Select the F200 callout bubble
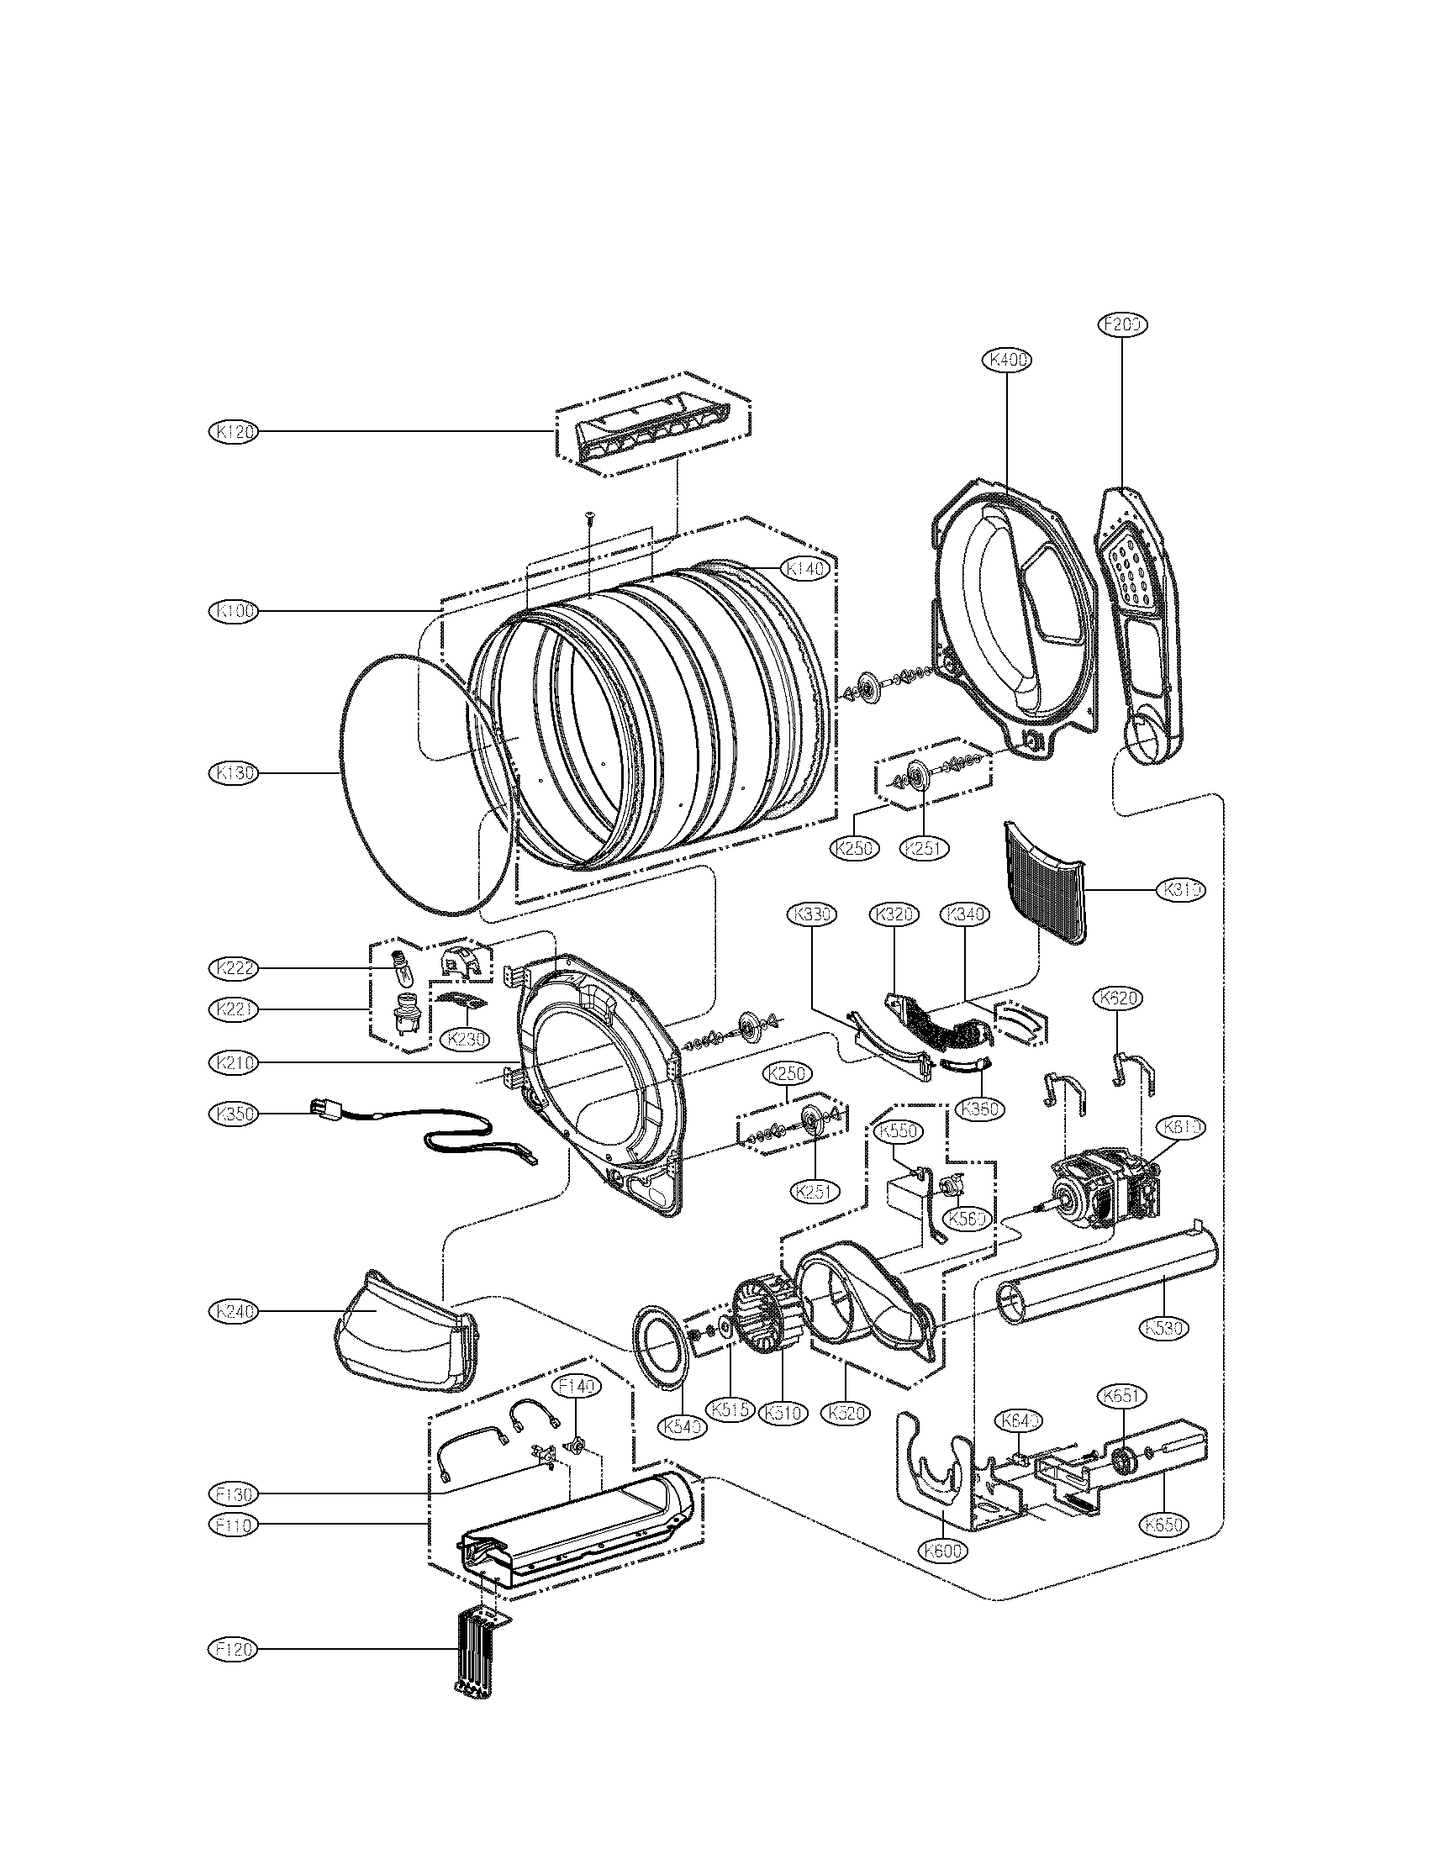pyautogui.click(x=1123, y=324)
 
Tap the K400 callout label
pyautogui.click(x=1007, y=360)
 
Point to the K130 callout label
pyautogui.click(x=233, y=772)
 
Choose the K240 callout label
pyautogui.click(x=233, y=1311)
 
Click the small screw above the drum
pyautogui.click(x=588, y=517)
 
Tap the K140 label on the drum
pyautogui.click(x=805, y=570)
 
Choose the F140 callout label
pyautogui.click(x=575, y=1386)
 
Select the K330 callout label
pyautogui.click(x=812, y=914)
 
